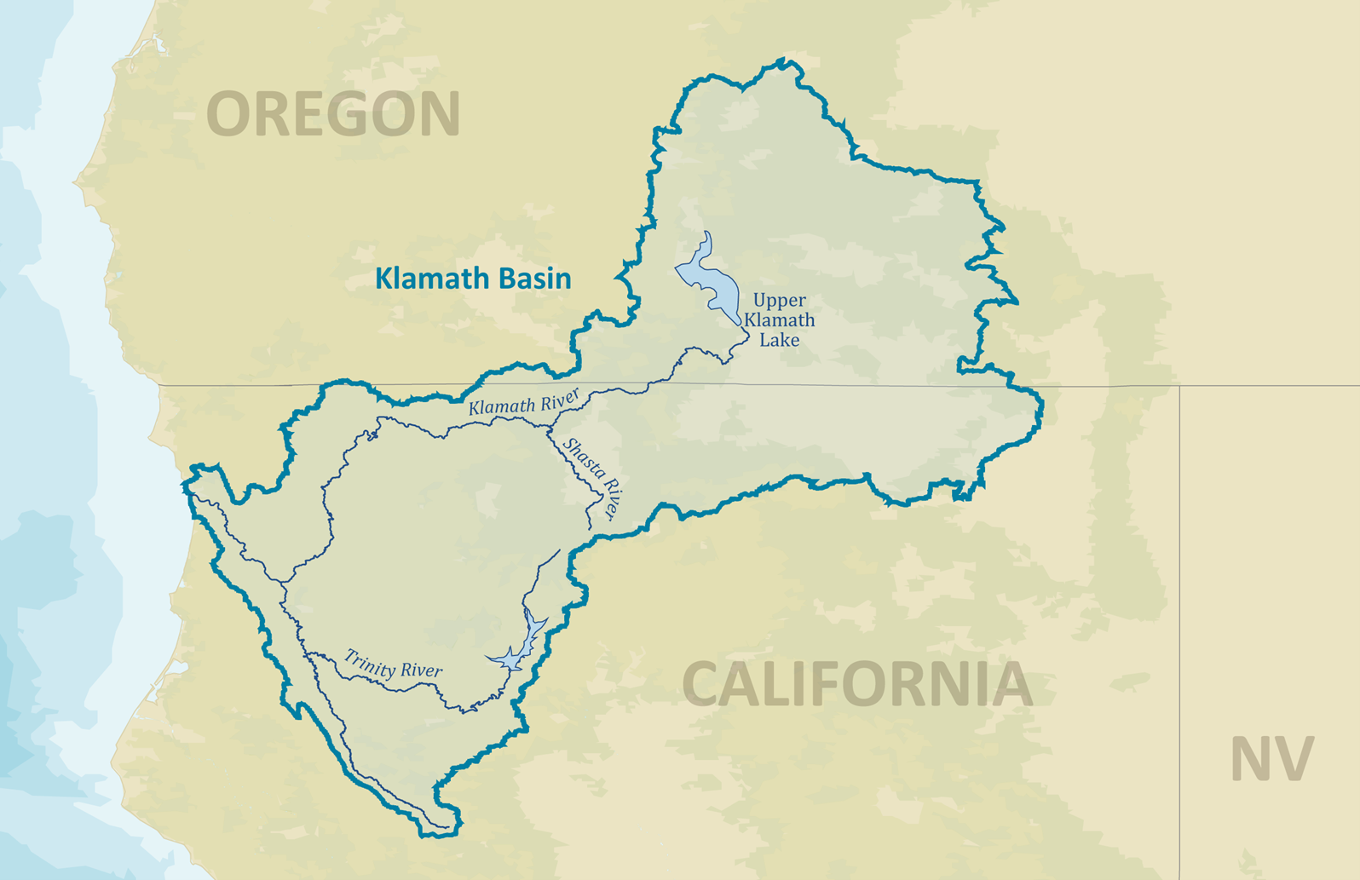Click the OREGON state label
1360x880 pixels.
[x=333, y=114]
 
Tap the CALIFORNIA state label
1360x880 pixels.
[x=857, y=684]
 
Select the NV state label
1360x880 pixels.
[x=1271, y=758]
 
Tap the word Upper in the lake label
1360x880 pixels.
[x=779, y=301]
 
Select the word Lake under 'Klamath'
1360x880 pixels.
[x=779, y=340]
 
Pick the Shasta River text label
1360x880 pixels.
[x=590, y=478]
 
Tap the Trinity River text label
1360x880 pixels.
[x=393, y=665]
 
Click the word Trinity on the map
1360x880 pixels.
[x=369, y=660]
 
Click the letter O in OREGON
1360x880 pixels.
[x=228, y=114]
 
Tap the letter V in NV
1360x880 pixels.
[x=1292, y=758]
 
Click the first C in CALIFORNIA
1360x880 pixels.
[x=703, y=684]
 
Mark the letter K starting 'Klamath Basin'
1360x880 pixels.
[x=383, y=279]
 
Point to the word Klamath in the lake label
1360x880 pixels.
[x=779, y=320]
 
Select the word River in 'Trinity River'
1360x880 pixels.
[x=421, y=670]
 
